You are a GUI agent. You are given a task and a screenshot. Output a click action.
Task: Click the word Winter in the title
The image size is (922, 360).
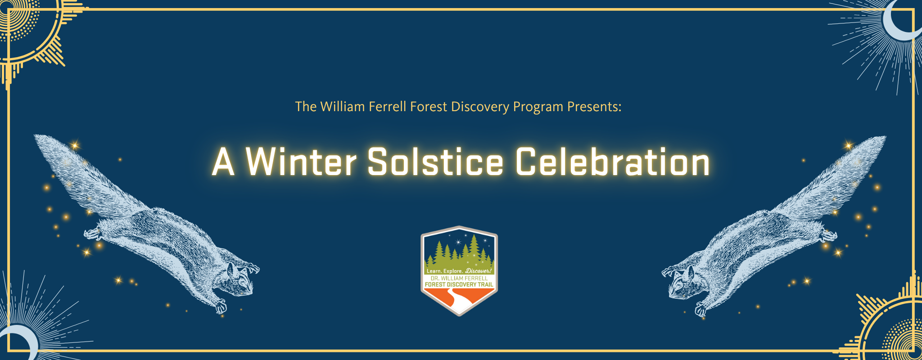(x=301, y=161)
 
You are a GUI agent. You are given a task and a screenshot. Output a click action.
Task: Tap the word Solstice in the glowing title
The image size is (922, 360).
(x=435, y=161)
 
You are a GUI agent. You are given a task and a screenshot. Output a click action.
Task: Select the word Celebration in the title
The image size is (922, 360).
(x=612, y=161)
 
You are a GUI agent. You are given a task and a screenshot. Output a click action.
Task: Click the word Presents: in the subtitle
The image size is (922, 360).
(x=594, y=107)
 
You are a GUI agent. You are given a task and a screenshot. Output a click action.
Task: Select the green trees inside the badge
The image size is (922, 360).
(x=459, y=254)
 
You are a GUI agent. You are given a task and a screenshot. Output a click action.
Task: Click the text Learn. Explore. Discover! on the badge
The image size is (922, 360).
(x=459, y=271)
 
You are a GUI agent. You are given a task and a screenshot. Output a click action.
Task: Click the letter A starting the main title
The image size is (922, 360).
(x=223, y=162)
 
